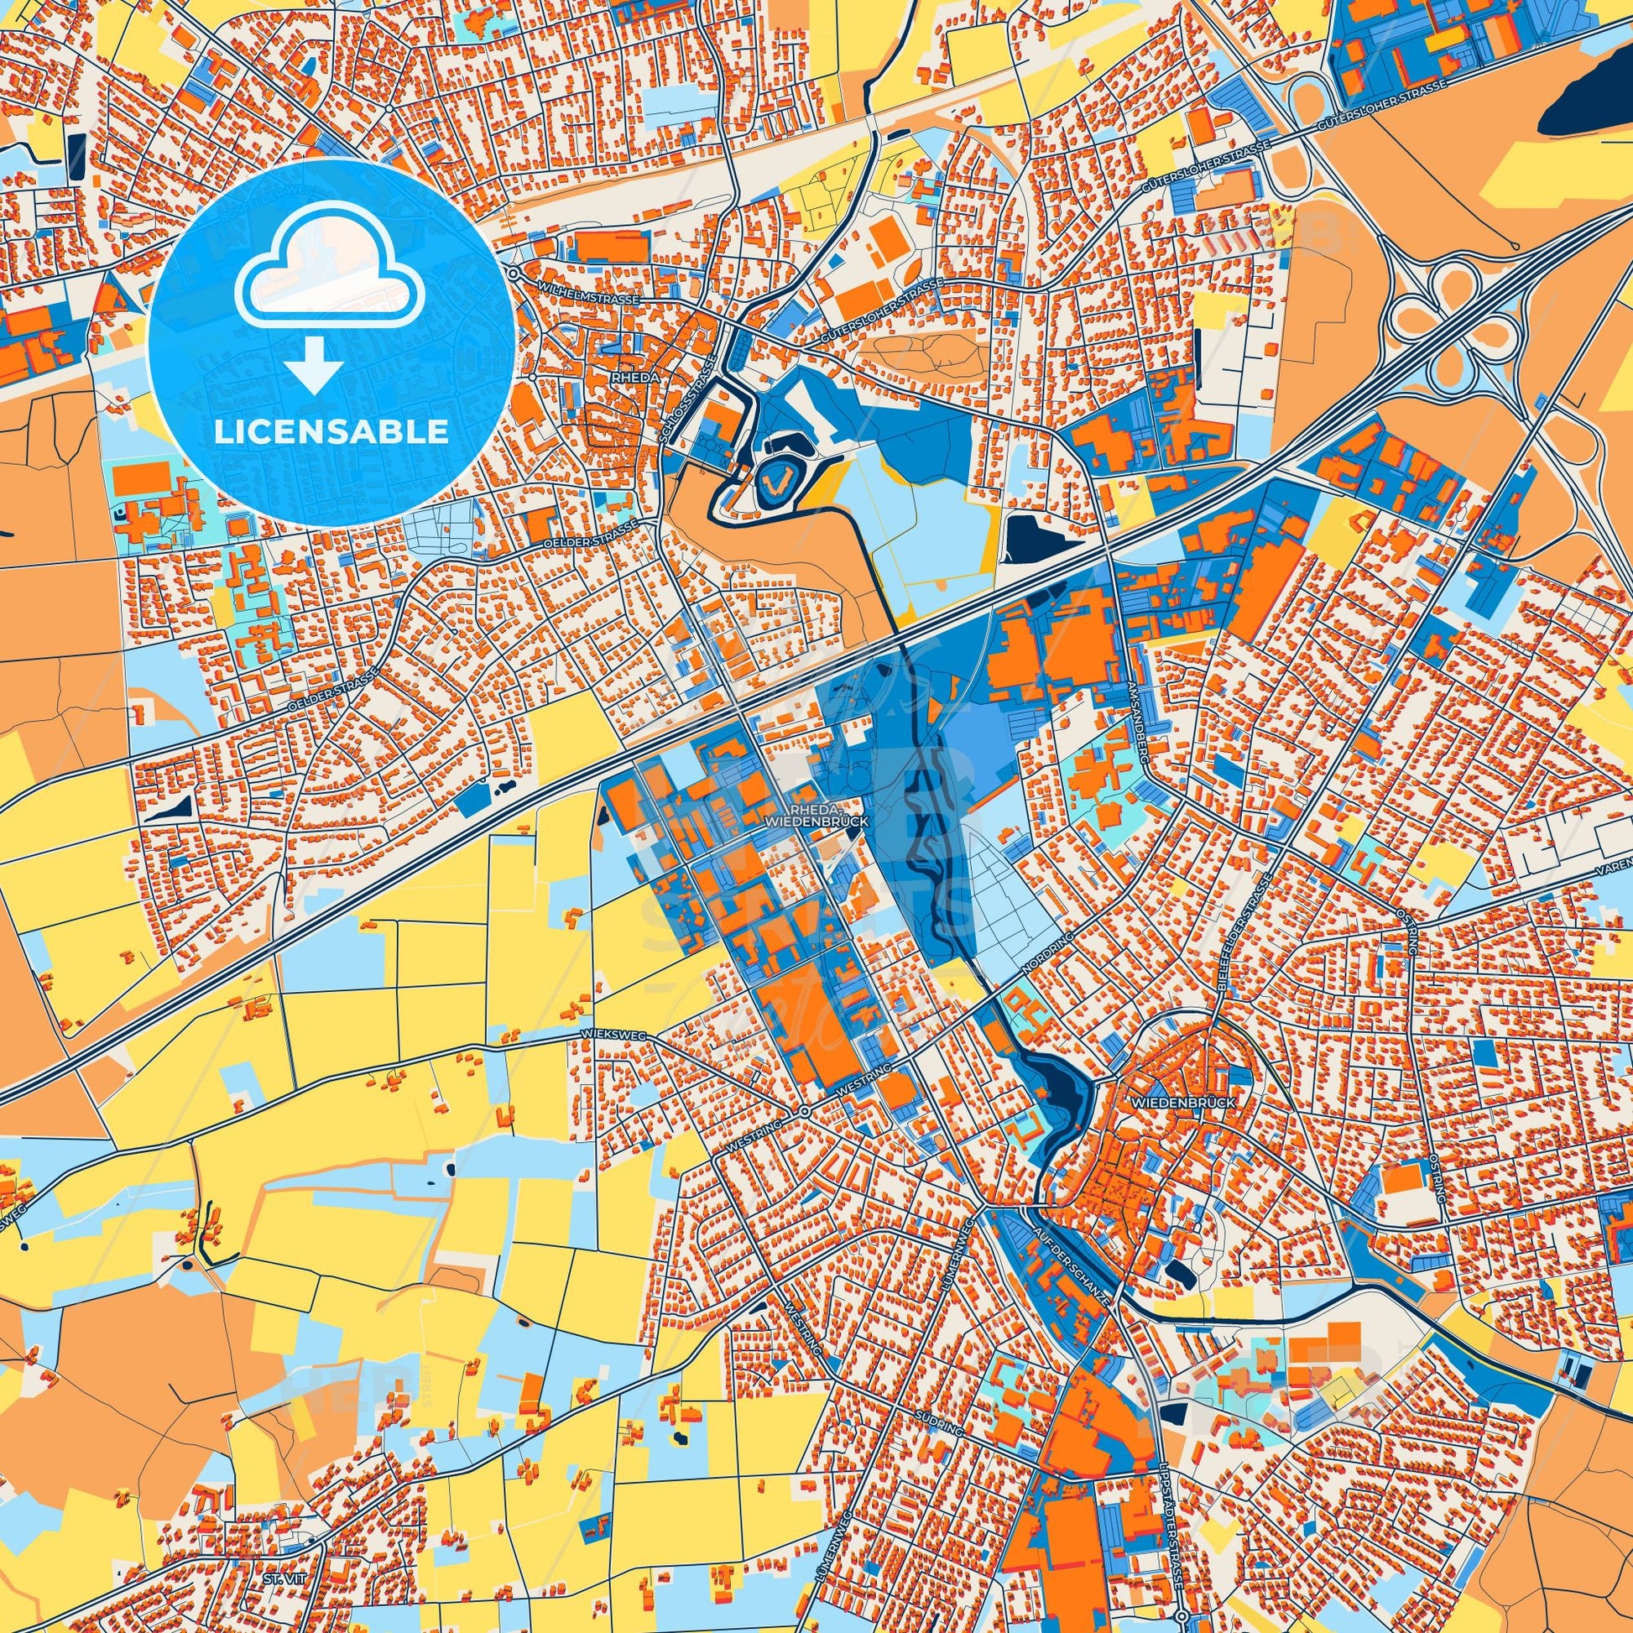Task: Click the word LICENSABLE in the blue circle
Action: tap(331, 432)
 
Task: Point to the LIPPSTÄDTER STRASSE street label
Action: tap(1172, 1530)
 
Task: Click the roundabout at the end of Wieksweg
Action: tap(805, 1111)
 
